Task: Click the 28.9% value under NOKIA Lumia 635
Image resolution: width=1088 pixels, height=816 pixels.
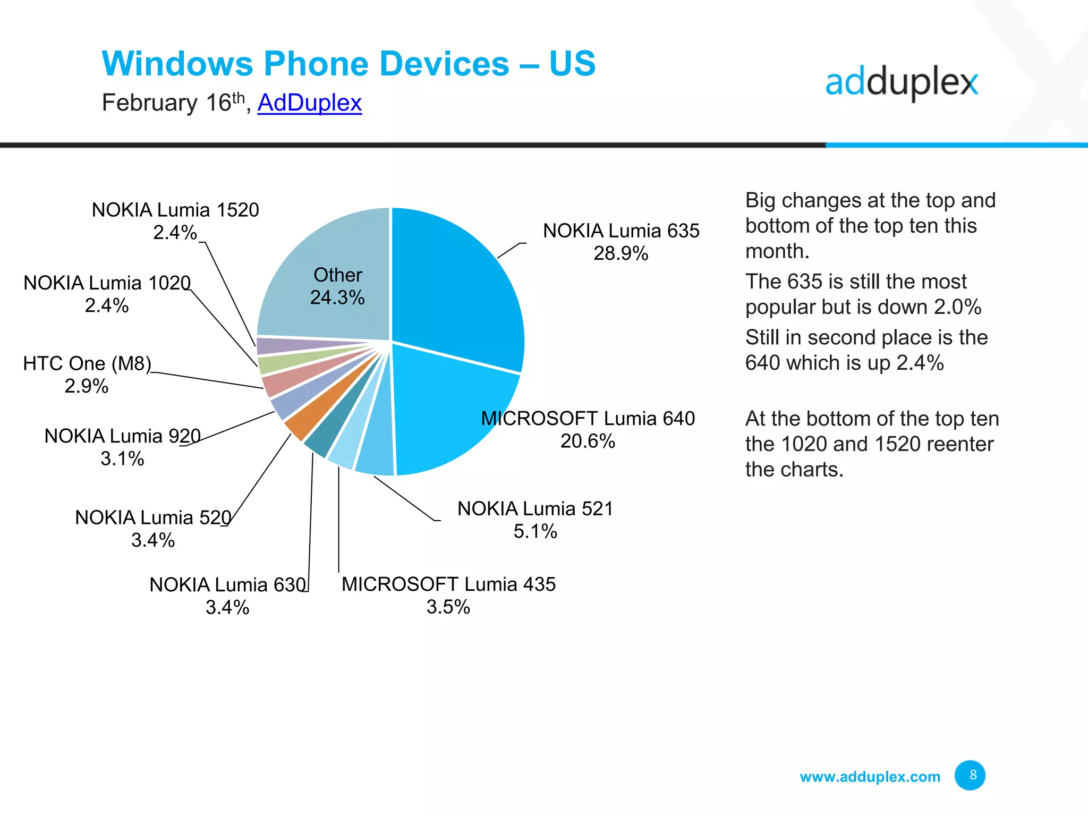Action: click(620, 253)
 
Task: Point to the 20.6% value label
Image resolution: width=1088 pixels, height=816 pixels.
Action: click(588, 441)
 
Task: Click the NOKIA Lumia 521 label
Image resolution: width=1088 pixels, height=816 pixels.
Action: click(535, 508)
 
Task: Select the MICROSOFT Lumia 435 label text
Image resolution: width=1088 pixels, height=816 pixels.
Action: click(448, 584)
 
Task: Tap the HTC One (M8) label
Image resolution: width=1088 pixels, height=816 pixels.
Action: click(87, 363)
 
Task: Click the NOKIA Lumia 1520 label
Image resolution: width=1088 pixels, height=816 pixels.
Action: click(175, 210)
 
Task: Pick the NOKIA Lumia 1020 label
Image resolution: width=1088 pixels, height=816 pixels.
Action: click(107, 283)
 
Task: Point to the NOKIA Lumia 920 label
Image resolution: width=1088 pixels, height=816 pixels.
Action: click(122, 436)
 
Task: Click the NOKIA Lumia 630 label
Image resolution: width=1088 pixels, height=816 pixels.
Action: click(227, 584)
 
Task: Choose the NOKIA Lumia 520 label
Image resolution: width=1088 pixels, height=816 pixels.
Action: click(153, 517)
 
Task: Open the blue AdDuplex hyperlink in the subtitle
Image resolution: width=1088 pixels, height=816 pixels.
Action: click(309, 103)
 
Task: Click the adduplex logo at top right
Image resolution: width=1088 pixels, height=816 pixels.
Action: click(901, 83)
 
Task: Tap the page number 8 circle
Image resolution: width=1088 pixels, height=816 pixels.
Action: click(970, 775)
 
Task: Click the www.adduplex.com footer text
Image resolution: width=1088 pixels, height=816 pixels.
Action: click(870, 777)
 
